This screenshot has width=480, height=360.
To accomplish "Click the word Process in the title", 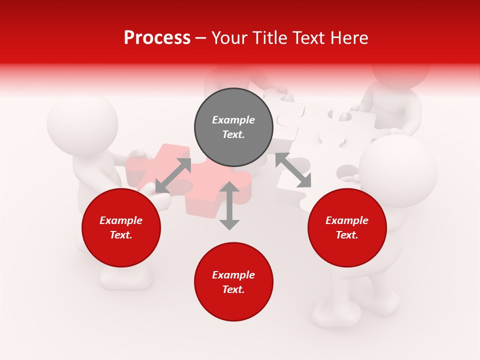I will [x=157, y=38].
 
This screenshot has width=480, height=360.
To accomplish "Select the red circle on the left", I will [x=121, y=227].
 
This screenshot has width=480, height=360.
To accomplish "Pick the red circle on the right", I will [x=347, y=227].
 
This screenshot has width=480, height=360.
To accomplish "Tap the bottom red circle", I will [x=233, y=282].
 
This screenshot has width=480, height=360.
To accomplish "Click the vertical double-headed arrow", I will [x=229, y=205].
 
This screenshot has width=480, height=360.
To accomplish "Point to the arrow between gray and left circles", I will [x=173, y=175].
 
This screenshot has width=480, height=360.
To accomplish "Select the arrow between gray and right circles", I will [x=293, y=170].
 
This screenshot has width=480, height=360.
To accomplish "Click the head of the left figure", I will [x=82, y=123].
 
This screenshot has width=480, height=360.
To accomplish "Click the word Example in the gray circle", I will [x=233, y=120].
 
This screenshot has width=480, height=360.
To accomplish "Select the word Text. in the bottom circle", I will [x=233, y=289].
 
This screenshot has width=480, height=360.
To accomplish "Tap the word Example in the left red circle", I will [x=121, y=220].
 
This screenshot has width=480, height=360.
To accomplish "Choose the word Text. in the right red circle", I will [x=347, y=235].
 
